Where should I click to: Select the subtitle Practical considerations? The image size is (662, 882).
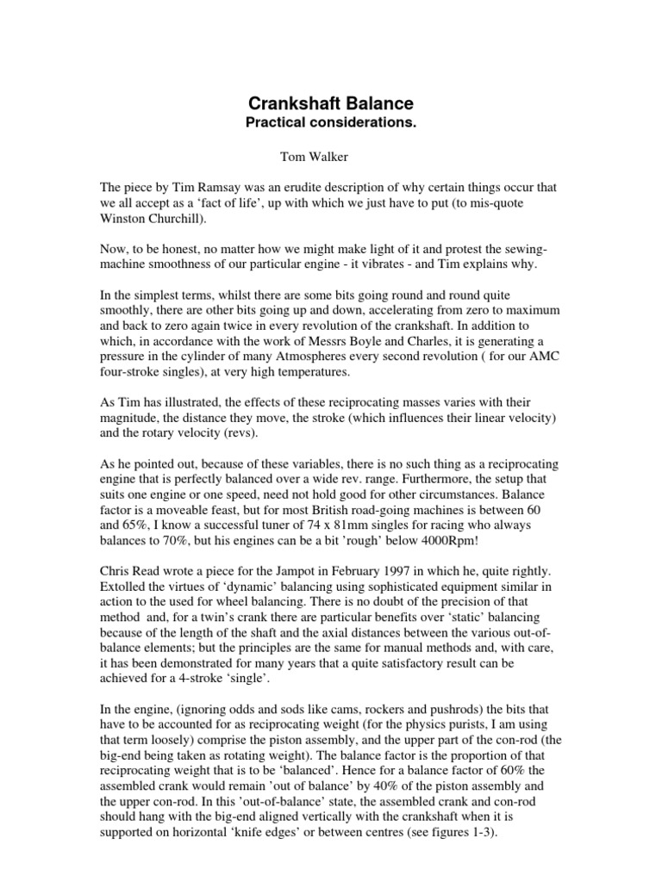(x=332, y=124)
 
